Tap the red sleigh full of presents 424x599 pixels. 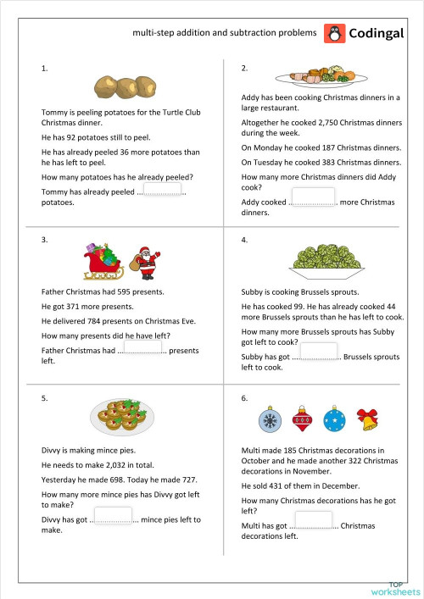coord(103,262)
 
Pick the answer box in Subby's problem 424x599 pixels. coord(318,352)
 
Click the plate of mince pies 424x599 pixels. coord(121,415)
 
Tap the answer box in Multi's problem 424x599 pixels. coord(313,520)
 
